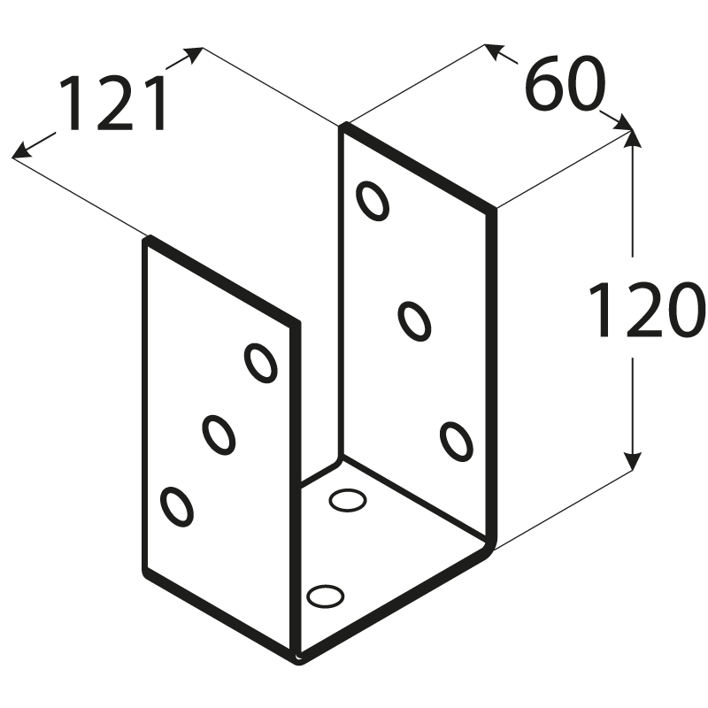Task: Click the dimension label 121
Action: point(112,103)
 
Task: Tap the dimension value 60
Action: point(564,84)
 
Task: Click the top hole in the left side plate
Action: point(260,362)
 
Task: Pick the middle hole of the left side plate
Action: point(218,434)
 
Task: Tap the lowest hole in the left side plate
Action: point(176,505)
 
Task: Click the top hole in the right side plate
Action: point(373,201)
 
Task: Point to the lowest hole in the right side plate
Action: point(455,440)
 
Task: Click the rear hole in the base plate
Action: point(348,501)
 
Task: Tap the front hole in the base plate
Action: point(325,596)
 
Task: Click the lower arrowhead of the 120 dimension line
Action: point(632,462)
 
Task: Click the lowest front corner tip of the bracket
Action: point(298,658)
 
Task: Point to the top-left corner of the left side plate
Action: point(149,239)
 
